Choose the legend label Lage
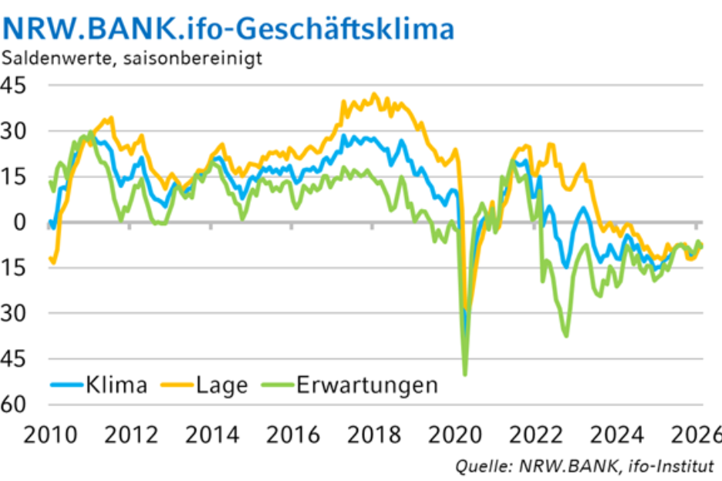(x=222, y=384)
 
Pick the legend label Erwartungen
(x=367, y=384)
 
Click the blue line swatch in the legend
(x=66, y=383)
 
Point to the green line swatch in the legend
(x=278, y=383)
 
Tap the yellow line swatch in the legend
(x=177, y=383)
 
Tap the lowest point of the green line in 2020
(x=465, y=375)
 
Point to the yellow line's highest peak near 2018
(x=374, y=95)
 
